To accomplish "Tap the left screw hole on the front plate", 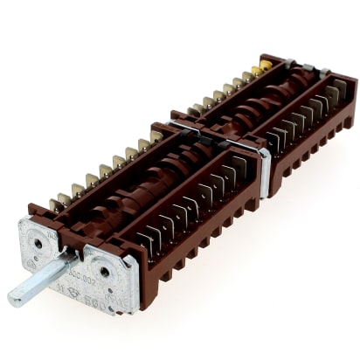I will pos(38,242).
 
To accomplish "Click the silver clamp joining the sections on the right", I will pos(262,166).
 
